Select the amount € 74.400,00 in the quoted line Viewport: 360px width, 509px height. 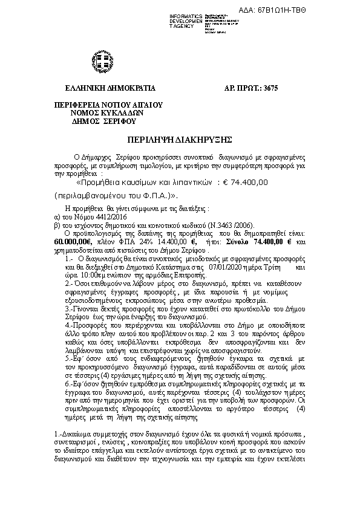click(x=246, y=181)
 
